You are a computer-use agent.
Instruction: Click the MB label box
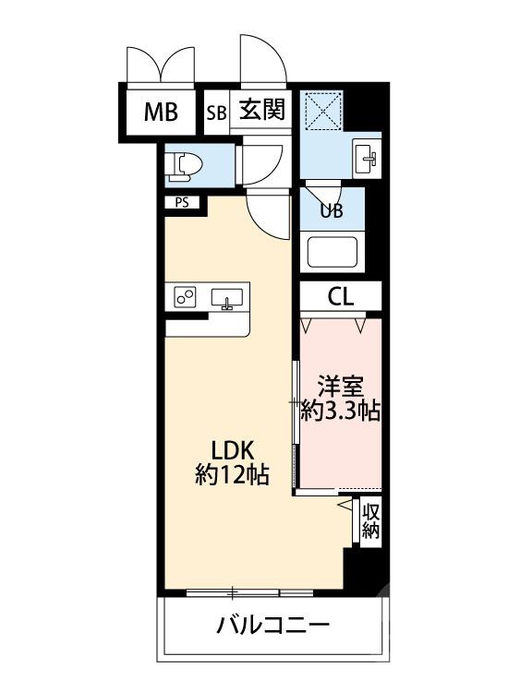pos(160,113)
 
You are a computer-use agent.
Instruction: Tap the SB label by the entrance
pos(216,113)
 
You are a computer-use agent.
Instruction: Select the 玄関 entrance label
pos(263,112)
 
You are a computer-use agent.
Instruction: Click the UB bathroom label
pos(331,209)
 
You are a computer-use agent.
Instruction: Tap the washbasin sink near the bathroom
pos(366,159)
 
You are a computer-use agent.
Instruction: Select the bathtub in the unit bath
pos(332,250)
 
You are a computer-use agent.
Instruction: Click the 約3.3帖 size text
pos(341,412)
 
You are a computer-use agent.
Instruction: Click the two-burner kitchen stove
pos(185,297)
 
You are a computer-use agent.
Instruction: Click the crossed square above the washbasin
pos(325,111)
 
